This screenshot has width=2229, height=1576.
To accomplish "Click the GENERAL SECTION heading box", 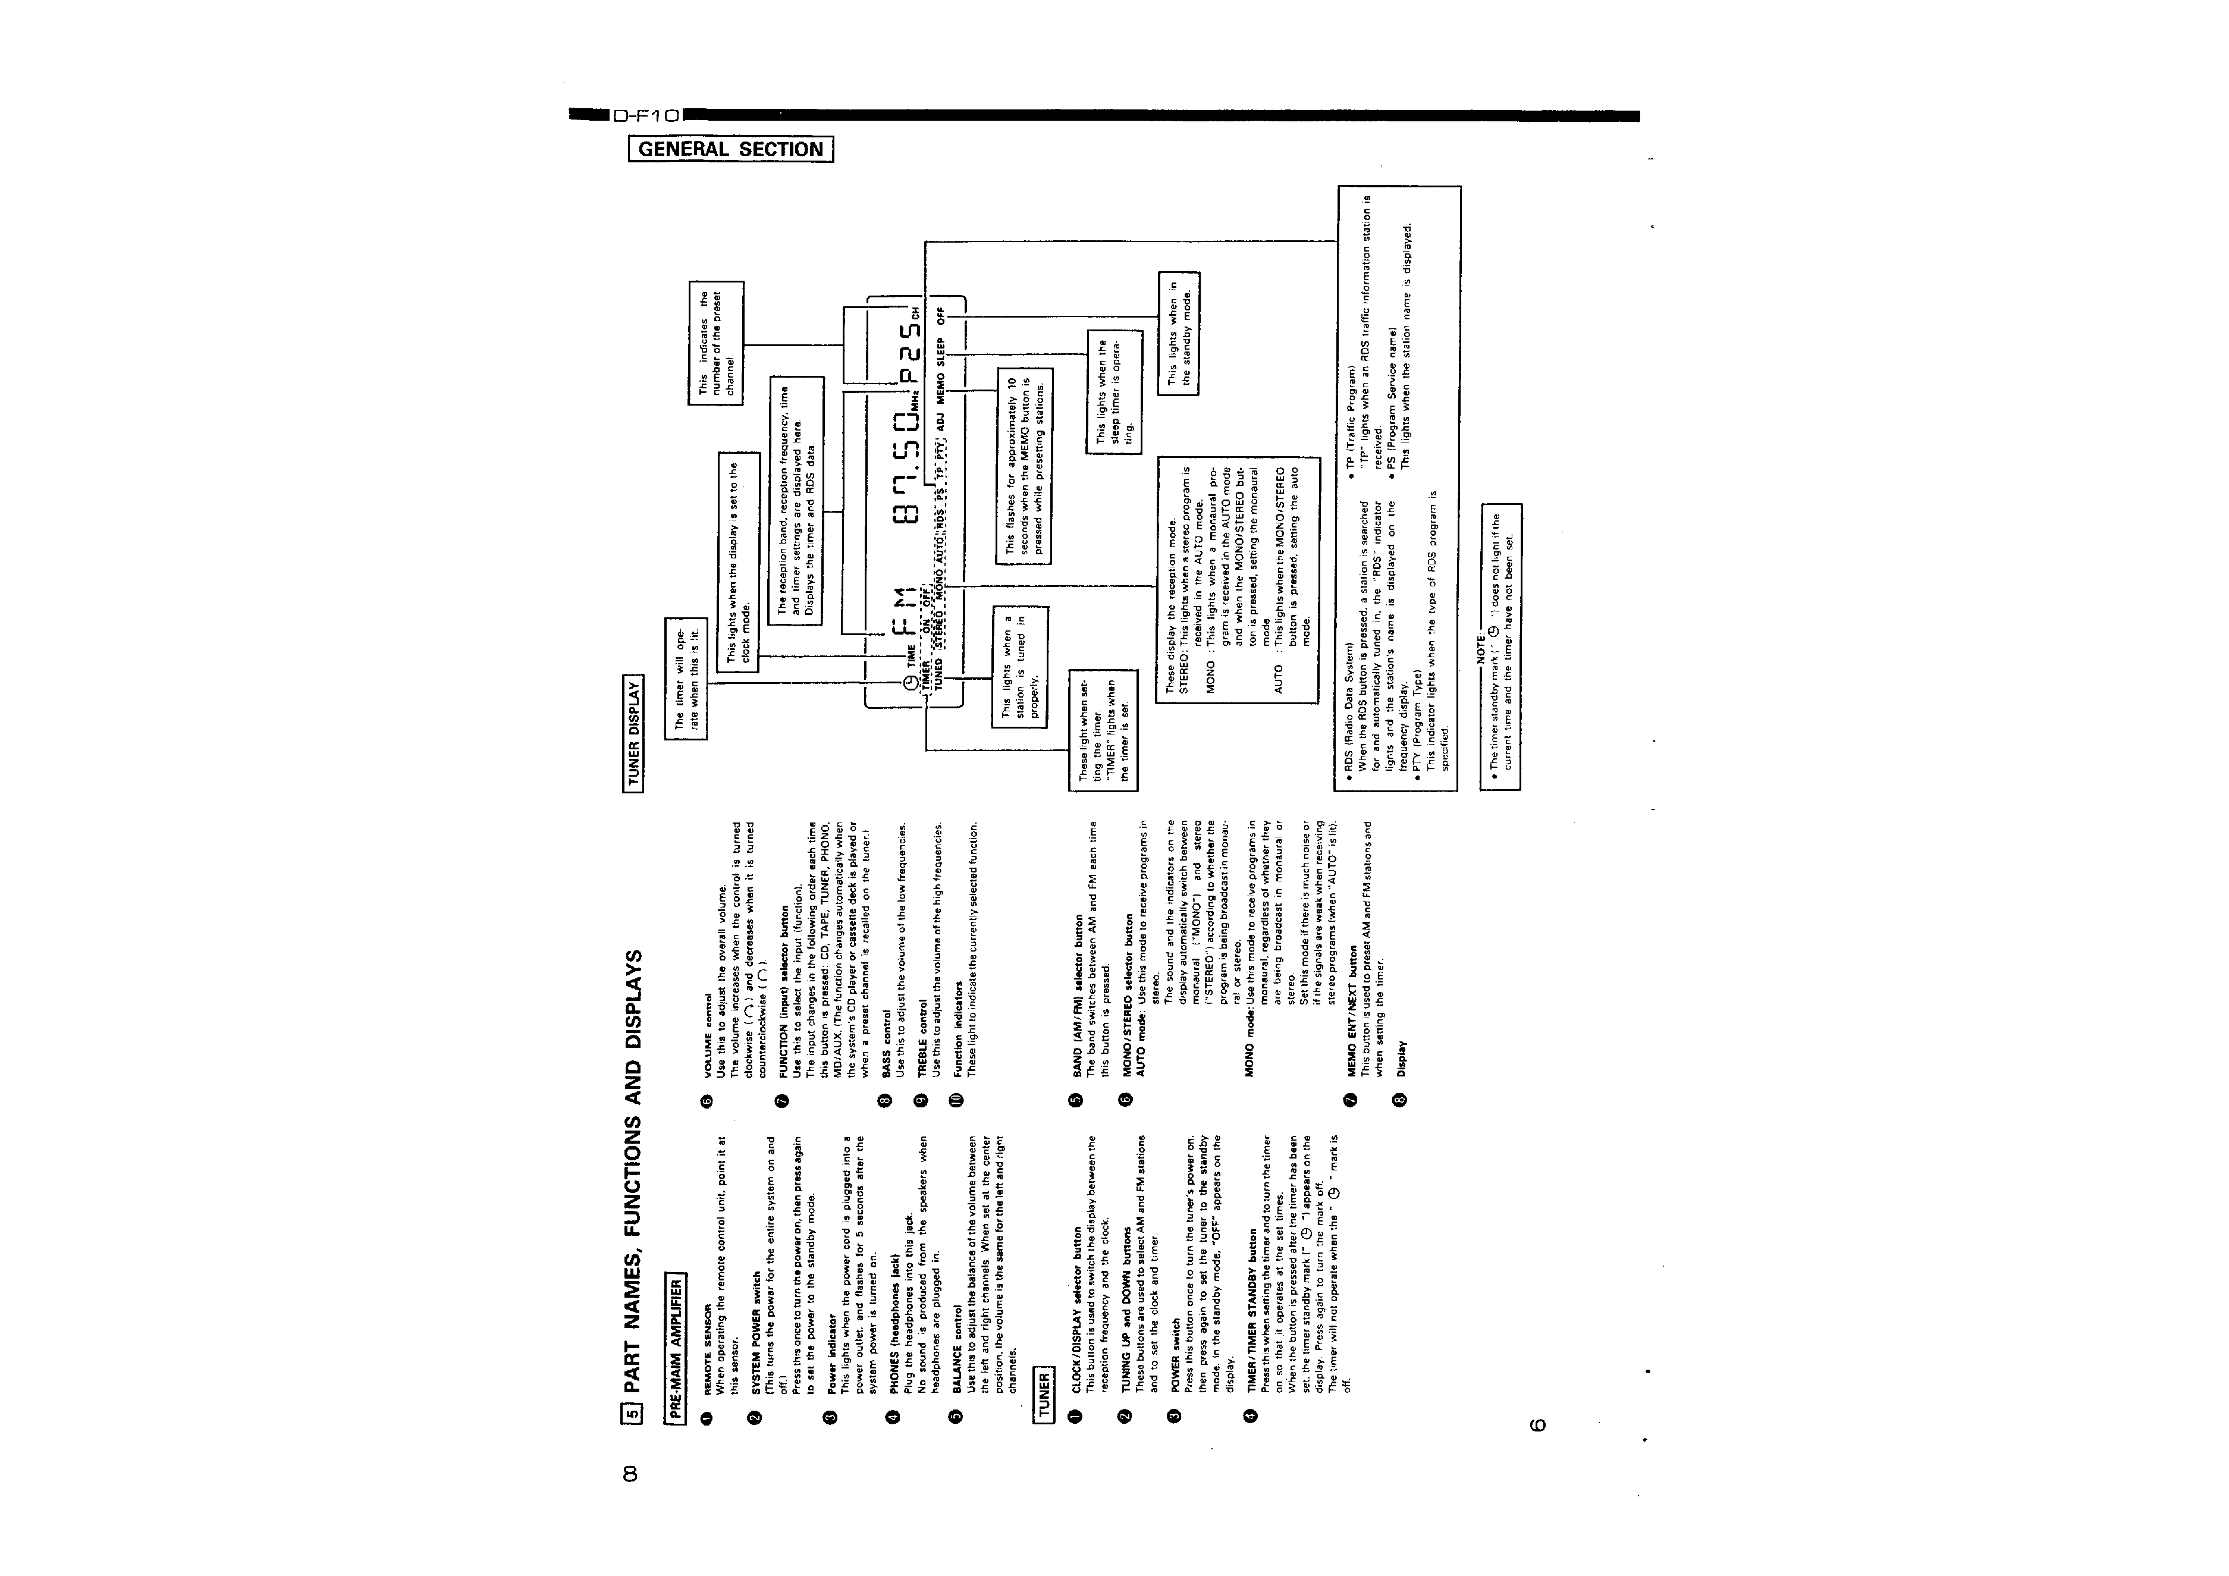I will (x=731, y=149).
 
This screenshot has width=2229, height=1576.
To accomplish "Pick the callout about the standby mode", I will (x=1179, y=333).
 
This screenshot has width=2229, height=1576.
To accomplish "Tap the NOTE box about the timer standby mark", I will (x=1500, y=646).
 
